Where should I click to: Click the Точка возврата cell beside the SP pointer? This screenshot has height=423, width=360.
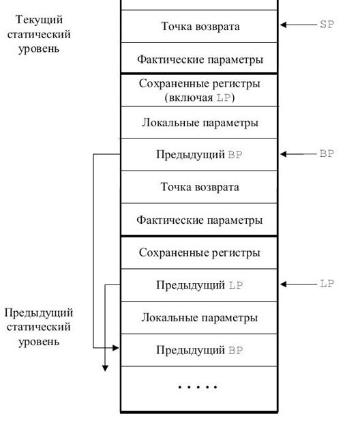tap(199, 27)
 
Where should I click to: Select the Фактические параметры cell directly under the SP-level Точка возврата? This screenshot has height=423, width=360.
tap(199, 59)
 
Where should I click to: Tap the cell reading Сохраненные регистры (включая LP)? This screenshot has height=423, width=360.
tap(199, 90)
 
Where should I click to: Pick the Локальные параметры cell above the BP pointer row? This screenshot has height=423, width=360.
tap(199, 123)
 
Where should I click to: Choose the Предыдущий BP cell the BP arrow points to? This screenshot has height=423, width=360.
tap(199, 155)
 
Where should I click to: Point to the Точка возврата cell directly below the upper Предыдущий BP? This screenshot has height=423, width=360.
tap(199, 187)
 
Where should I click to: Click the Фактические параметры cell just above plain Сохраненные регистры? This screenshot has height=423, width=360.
tap(199, 220)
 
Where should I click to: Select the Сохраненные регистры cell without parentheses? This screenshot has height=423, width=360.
tap(199, 252)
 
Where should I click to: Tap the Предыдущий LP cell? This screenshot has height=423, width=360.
tap(199, 285)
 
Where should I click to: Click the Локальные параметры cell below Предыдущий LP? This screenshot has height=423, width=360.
tap(199, 318)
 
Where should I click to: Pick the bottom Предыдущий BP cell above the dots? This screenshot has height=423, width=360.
tap(199, 351)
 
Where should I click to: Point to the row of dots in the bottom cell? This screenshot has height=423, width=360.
tap(198, 388)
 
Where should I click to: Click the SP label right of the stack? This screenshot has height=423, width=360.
tap(327, 25)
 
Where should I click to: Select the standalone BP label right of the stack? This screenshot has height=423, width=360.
tap(327, 154)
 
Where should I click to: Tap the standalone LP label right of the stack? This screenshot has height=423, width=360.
tap(327, 283)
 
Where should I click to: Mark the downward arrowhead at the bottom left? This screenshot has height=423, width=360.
tap(105, 368)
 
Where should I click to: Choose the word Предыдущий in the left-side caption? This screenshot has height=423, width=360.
tap(39, 312)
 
